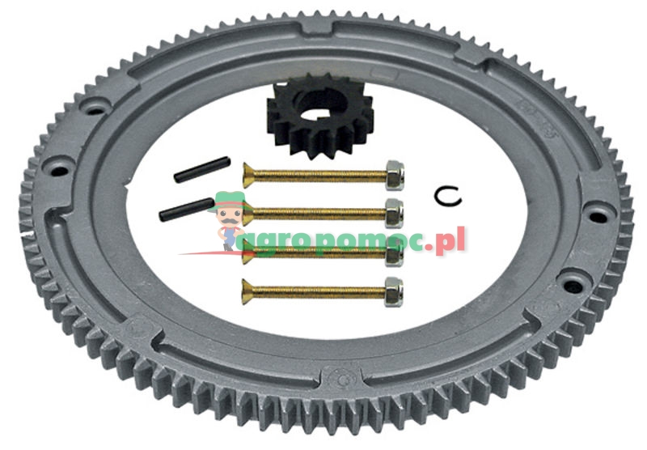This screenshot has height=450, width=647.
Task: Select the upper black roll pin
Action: [x=201, y=169]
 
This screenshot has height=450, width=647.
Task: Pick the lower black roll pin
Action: [x=187, y=210]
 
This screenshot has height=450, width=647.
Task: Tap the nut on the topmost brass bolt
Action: [x=395, y=175]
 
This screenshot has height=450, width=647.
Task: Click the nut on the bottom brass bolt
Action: [x=394, y=292]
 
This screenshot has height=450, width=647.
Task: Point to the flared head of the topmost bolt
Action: [x=248, y=176]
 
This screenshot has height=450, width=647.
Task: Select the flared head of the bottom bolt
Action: [x=247, y=292]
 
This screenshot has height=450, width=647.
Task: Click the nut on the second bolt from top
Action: [x=394, y=214]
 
